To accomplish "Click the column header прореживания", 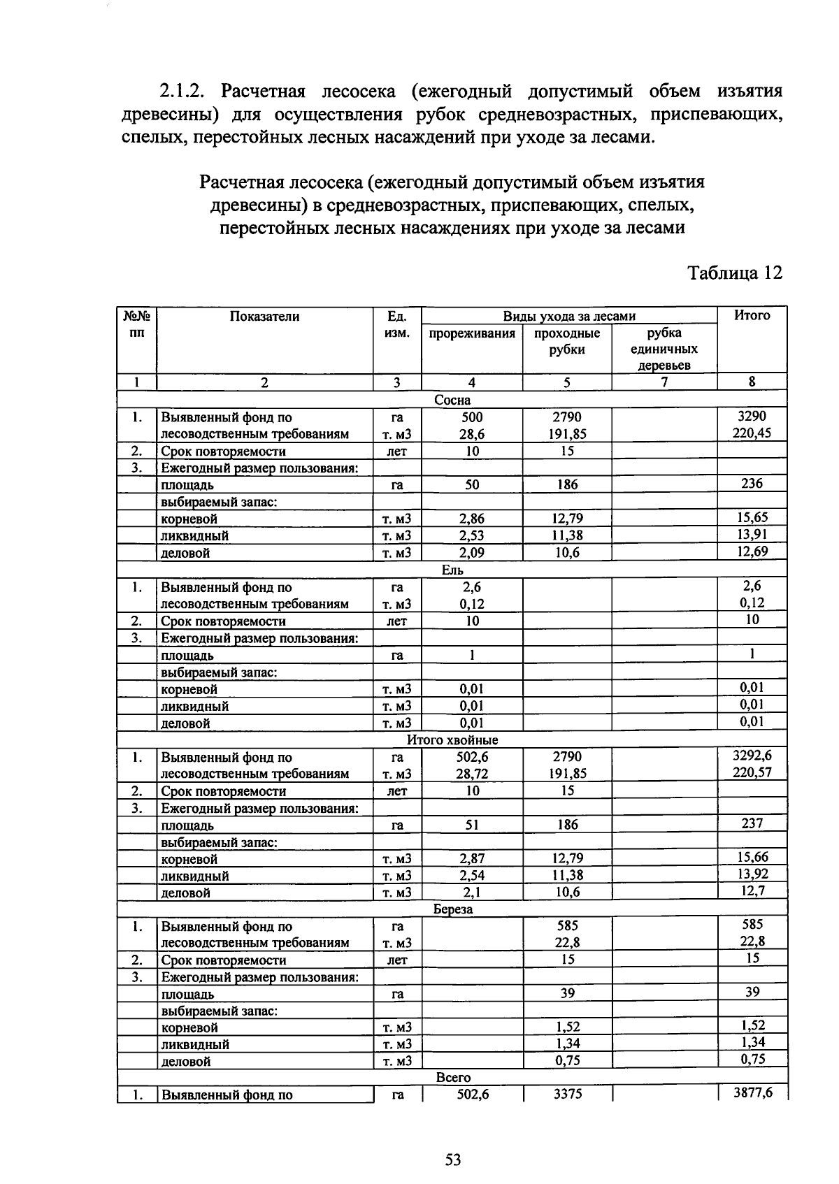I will (x=472, y=333).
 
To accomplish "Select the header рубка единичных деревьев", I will (x=664, y=349).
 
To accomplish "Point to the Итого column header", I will (x=752, y=316).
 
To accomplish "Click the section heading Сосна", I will (x=452, y=400).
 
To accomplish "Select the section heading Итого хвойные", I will (x=452, y=740).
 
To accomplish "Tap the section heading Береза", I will (x=452, y=909).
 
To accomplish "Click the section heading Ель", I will (x=452, y=570).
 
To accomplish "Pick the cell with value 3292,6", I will (x=752, y=756).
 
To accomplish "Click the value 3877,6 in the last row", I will (x=752, y=1093).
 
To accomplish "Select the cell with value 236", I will (x=752, y=484).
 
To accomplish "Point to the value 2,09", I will (x=472, y=553).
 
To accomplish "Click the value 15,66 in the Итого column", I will (x=752, y=858).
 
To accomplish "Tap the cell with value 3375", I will (x=567, y=1095).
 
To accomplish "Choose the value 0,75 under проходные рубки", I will (x=567, y=1061).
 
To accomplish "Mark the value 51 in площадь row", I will (x=472, y=825).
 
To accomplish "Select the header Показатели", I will (x=264, y=317).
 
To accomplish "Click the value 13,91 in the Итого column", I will (x=752, y=535).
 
